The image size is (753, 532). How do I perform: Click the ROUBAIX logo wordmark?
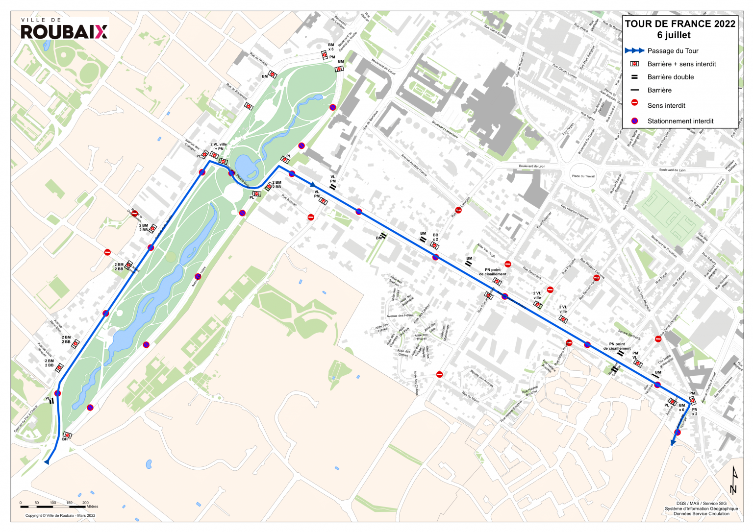64,31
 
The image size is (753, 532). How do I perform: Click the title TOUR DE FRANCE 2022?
680,24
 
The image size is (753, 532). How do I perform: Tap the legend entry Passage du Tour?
673,51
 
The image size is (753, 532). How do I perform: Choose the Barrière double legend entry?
670,77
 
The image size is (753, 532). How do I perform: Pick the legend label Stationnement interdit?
680,121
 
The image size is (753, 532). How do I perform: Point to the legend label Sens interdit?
666,105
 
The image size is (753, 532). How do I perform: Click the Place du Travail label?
583,176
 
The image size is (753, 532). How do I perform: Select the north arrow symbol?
733,480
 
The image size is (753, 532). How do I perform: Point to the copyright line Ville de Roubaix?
60,515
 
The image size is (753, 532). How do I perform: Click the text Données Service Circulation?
701,513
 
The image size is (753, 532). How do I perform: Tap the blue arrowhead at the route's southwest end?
47,461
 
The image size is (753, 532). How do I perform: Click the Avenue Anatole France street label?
414,165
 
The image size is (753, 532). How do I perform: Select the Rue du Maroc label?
471,397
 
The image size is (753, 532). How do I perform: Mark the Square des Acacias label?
481,378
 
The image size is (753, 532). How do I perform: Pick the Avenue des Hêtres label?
400,315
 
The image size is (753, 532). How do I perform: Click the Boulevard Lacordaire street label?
445,129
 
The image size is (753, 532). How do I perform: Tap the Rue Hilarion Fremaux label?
575,212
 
